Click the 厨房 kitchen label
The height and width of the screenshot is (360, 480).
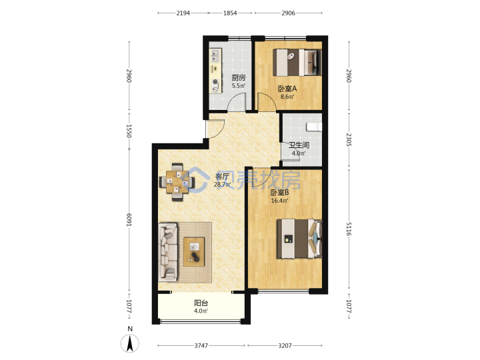coord(238,78)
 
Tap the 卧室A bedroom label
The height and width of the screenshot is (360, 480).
coord(287,89)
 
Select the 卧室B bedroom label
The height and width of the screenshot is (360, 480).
coord(279,193)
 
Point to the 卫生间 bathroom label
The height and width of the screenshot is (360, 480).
coord(299,145)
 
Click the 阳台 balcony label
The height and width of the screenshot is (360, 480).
coord(201,303)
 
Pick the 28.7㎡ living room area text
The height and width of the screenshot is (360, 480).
coord(222,185)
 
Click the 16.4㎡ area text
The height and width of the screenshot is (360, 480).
coord(279,201)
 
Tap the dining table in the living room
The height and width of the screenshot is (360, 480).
coord(177,182)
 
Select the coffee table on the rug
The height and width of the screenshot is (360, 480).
coord(194,251)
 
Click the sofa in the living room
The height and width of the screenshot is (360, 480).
coord(168,252)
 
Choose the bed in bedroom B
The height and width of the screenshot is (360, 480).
coord(299,239)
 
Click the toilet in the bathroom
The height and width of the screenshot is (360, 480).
coord(314,127)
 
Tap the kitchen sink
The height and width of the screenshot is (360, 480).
coord(215,56)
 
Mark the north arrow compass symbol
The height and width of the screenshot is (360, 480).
coord(130,343)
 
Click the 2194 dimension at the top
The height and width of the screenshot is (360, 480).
coord(183,13)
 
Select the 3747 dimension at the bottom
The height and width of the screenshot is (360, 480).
coord(201,345)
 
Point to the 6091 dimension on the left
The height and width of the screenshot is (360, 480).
coord(129,220)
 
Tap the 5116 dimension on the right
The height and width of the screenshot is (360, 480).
coord(349,229)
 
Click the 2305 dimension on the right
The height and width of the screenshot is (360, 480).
coord(349,139)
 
